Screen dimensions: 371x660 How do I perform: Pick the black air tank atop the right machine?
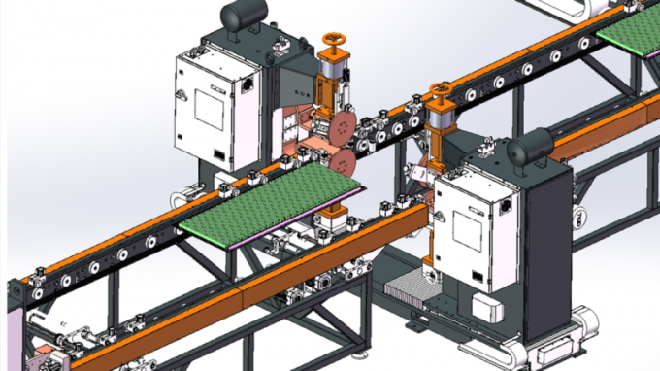[x=531, y=147]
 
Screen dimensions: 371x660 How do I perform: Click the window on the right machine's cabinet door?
[x=469, y=229]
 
